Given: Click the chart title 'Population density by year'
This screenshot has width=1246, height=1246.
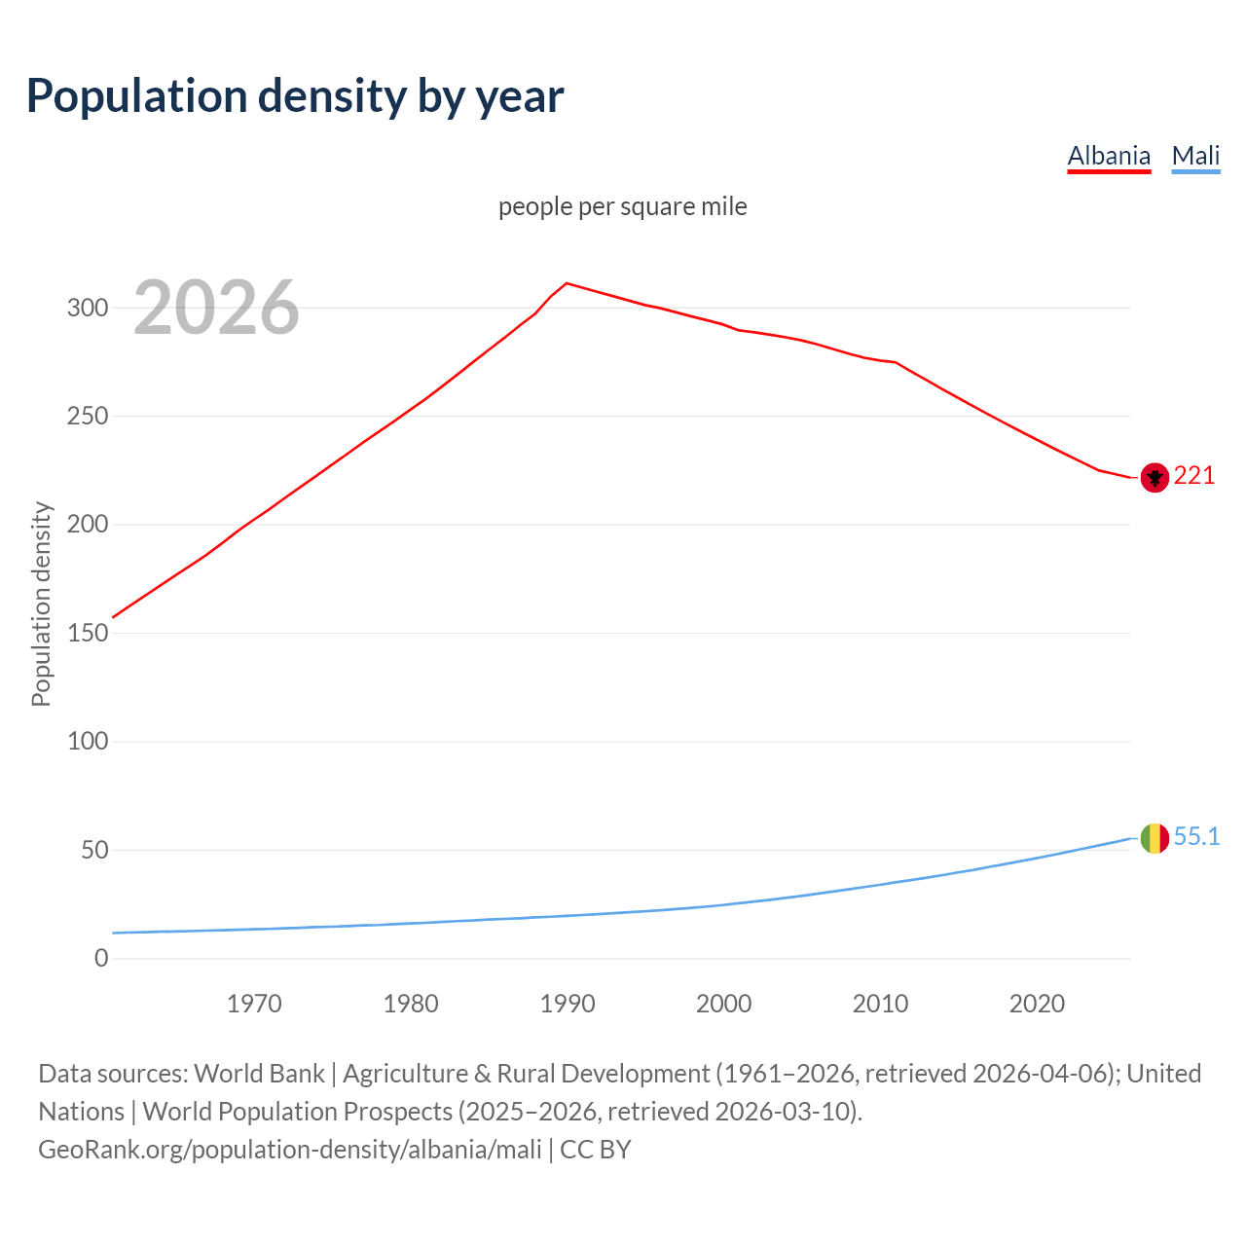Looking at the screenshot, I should tap(295, 95).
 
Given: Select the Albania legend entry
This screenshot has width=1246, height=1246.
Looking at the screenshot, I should tap(1109, 156).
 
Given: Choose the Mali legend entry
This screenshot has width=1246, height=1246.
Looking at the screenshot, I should tap(1195, 156).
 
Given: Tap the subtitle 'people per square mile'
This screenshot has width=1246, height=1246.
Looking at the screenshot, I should tap(622, 206).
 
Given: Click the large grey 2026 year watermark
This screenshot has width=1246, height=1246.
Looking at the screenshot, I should tap(216, 308).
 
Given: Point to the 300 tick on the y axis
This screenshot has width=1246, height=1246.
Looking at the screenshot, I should tap(87, 308).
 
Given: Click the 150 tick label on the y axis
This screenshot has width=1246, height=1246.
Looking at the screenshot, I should tap(87, 633).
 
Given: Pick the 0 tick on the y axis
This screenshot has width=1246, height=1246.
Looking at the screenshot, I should tap(101, 958).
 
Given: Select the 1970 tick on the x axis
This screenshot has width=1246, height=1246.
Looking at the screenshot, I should tap(254, 1004).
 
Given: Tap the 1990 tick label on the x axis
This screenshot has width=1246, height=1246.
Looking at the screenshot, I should tap(568, 1004).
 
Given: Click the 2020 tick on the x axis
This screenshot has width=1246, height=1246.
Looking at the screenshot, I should tap(1037, 1004).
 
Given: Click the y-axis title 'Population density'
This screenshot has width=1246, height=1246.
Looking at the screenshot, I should tap(41, 604).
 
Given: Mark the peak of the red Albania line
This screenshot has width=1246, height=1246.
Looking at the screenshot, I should tap(568, 283).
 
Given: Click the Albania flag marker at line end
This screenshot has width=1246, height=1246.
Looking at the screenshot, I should tap(1154, 477).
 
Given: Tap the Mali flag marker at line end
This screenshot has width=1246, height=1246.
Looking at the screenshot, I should tap(1154, 837).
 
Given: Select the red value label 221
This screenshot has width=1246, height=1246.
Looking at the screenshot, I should tap(1194, 475).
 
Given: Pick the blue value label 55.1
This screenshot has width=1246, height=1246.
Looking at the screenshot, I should tap(1196, 836).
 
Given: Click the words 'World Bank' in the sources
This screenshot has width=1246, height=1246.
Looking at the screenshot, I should tap(259, 1073).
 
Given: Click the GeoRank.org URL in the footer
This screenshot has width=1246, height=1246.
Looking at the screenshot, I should tap(290, 1149).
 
